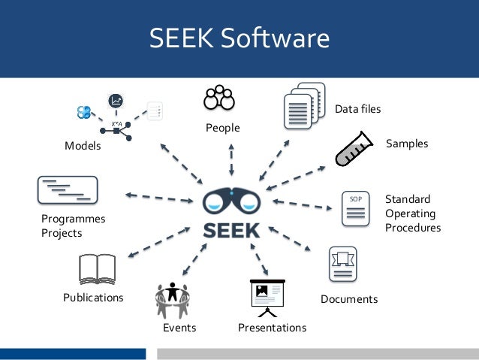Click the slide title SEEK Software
(x=239, y=38)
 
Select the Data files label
(x=357, y=109)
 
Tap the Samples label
(x=406, y=143)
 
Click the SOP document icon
(x=356, y=208)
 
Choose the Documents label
(x=348, y=299)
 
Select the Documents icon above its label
(x=342, y=265)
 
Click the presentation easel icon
(x=267, y=298)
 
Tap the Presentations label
(x=272, y=328)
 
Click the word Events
(x=179, y=328)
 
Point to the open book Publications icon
(x=96, y=270)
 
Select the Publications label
(x=93, y=298)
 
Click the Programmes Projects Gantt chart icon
(x=67, y=189)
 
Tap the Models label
(x=83, y=146)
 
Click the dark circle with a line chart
(x=116, y=101)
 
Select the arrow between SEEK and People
(x=231, y=159)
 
